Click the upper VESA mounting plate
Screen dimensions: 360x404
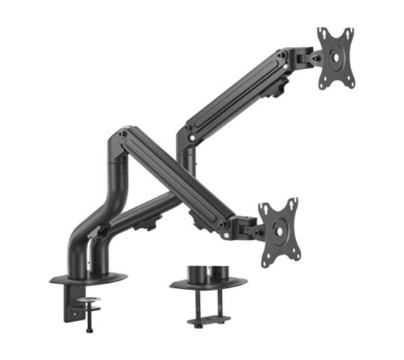coord(336,59)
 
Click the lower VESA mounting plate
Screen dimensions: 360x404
coord(279,230)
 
